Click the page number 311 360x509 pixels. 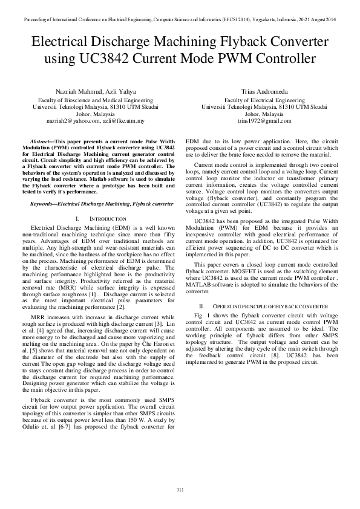click(180, 488)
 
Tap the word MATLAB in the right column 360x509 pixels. click(203, 284)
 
